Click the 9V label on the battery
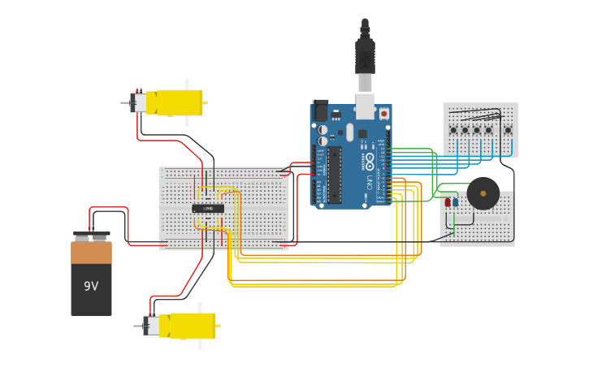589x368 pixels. pos(91,286)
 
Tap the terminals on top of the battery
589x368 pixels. pos(91,237)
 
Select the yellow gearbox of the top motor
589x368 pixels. pos(179,102)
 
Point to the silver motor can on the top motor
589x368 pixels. pos(139,102)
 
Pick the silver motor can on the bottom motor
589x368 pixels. pos(151,326)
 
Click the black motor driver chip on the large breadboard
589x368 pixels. pos(208,208)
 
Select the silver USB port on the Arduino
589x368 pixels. pos(365,105)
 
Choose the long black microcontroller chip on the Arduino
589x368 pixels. pos(335,175)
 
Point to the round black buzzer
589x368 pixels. pos(483,194)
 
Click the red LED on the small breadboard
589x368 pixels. pos(448,201)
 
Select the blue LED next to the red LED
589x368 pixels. pos(455,201)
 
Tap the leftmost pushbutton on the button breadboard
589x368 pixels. pos(453,130)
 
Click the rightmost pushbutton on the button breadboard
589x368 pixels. pos(508,130)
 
